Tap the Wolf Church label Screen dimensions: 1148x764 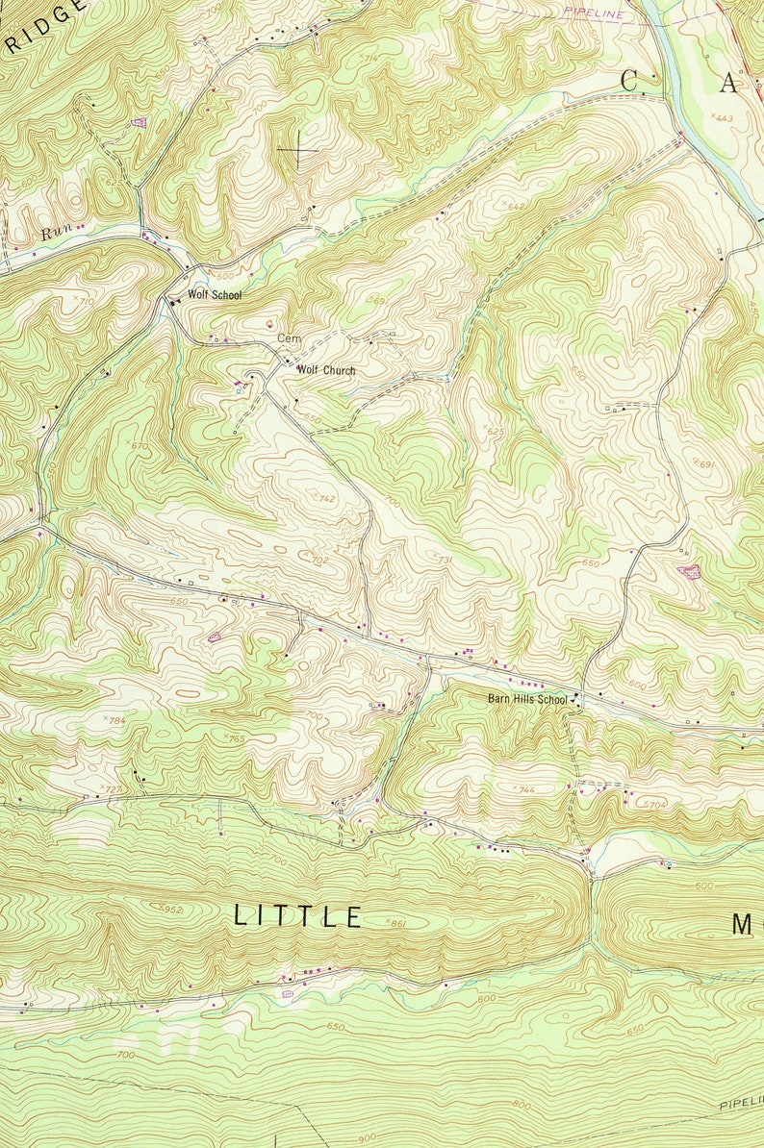coord(325,370)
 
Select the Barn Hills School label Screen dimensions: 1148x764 coord(526,699)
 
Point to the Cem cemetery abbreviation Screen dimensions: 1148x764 coord(289,339)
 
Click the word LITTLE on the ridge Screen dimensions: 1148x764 coord(298,916)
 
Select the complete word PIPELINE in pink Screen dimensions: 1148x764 coord(594,12)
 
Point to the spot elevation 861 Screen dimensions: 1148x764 coord(395,923)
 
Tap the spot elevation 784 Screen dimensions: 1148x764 coord(116,720)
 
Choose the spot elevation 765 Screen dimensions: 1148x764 coord(236,737)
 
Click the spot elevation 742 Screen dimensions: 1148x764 coord(325,498)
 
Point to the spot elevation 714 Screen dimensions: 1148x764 coord(369,60)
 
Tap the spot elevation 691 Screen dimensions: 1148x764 coord(707,464)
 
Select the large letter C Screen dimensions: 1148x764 coord(629,83)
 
